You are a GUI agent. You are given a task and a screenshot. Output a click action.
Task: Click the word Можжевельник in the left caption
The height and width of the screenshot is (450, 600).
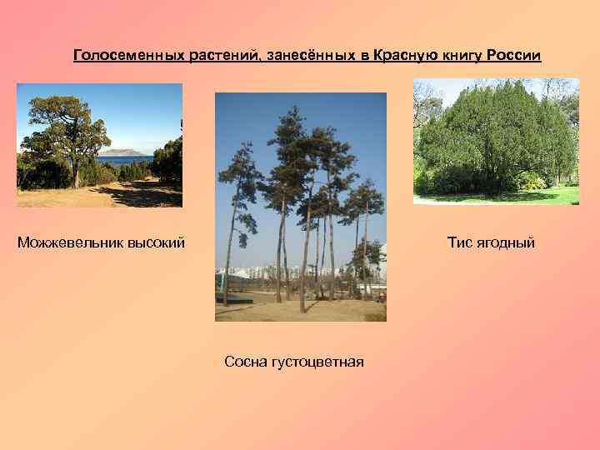70,242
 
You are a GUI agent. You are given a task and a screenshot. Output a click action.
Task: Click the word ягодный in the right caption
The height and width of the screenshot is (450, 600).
506,242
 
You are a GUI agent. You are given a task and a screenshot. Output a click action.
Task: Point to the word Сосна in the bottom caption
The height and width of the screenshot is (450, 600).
245,362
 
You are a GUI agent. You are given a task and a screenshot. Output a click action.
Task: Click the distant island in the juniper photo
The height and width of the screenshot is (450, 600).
119,152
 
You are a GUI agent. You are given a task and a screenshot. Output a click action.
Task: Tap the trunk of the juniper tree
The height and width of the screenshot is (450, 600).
76,172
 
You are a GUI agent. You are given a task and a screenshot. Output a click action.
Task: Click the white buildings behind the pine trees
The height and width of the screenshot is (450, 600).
250,275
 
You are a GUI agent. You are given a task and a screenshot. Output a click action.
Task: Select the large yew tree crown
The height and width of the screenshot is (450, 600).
492,133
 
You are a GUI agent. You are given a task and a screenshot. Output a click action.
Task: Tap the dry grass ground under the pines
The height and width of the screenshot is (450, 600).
300,310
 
